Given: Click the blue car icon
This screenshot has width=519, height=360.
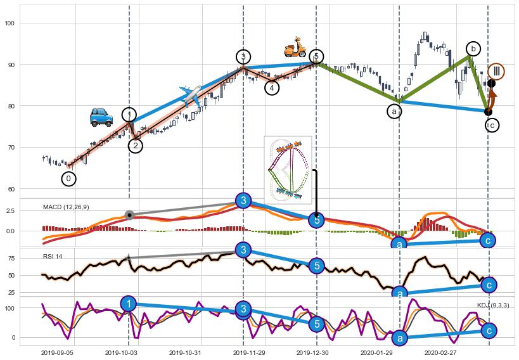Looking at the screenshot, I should pyautogui.click(x=101, y=117).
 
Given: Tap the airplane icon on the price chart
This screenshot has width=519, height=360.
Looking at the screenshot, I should pyautogui.click(x=191, y=95).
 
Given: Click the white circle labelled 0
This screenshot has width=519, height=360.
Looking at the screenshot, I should pyautogui.click(x=68, y=179).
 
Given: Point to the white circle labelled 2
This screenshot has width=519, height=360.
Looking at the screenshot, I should pyautogui.click(x=135, y=146).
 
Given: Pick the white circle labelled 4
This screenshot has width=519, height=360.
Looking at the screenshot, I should pyautogui.click(x=272, y=87).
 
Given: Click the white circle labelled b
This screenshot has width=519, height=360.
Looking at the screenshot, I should pyautogui.click(x=473, y=48).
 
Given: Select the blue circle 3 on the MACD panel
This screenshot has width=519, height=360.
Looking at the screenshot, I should pyautogui.click(x=243, y=201).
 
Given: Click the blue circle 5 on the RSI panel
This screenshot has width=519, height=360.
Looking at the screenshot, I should pyautogui.click(x=317, y=266).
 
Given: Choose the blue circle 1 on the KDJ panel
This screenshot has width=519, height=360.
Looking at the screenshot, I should pyautogui.click(x=129, y=303).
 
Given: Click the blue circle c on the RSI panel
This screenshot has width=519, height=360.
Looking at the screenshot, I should pyautogui.click(x=488, y=285).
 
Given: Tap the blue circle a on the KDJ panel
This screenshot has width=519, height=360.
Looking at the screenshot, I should pyautogui.click(x=399, y=338).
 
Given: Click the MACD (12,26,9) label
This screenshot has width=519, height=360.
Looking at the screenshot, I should pyautogui.click(x=66, y=207).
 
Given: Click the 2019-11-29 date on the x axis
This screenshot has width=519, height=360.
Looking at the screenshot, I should pyautogui.click(x=243, y=352).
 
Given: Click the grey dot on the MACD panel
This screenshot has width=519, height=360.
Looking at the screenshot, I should pyautogui.click(x=129, y=215).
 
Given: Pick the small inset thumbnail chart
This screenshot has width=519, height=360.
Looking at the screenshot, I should pyautogui.click(x=288, y=167).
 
